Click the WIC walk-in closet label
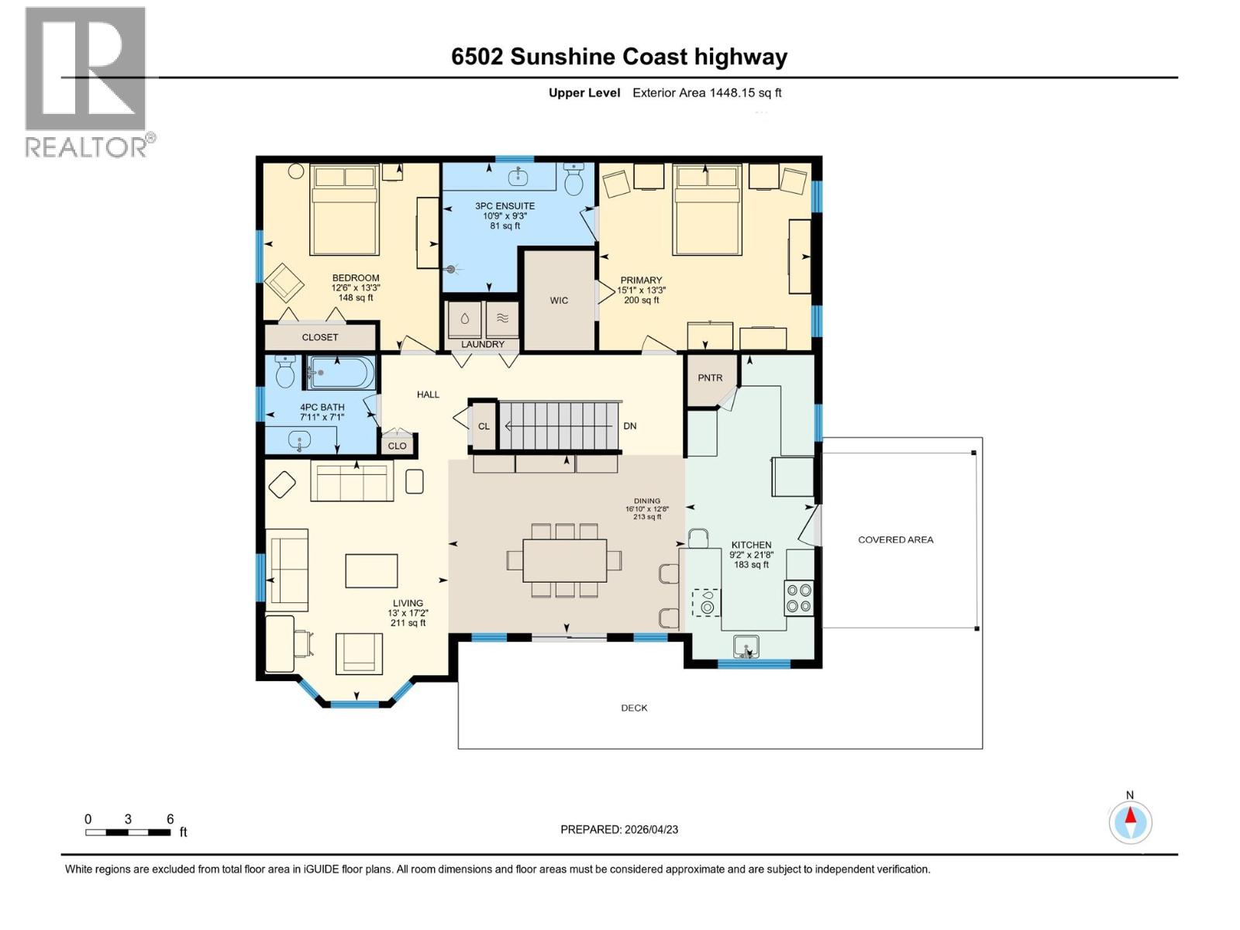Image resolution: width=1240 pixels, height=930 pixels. (x=559, y=300)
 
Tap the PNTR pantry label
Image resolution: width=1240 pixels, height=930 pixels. (x=710, y=378)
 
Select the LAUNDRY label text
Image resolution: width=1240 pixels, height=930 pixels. (x=483, y=344)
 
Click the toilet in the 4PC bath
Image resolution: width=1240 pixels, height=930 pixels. (x=286, y=373)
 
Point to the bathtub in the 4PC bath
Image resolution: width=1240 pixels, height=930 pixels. (x=341, y=374)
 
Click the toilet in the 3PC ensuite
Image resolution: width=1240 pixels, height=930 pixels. (x=574, y=181)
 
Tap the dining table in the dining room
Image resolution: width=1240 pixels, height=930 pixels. (x=564, y=560)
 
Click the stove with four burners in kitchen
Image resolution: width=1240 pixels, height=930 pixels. (x=798, y=598)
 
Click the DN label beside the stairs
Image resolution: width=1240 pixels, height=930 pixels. (x=630, y=426)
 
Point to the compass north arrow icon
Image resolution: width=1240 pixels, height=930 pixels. (x=1130, y=821)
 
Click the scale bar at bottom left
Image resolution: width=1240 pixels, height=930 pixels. (x=128, y=832)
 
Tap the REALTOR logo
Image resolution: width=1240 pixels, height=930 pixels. (x=86, y=81)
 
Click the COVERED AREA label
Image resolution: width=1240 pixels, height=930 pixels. (x=895, y=539)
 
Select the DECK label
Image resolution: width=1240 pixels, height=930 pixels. (x=634, y=708)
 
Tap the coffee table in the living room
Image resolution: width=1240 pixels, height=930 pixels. (x=371, y=570)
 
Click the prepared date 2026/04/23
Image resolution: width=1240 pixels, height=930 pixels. (x=619, y=829)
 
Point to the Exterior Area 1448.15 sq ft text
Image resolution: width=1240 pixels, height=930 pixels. (x=707, y=93)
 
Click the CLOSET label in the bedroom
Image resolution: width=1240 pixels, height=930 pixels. (x=320, y=337)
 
